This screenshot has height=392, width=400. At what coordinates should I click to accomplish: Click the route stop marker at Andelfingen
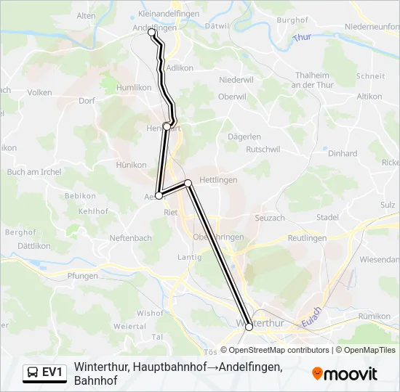(152, 33)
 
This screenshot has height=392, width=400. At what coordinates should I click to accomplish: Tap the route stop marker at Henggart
(167, 126)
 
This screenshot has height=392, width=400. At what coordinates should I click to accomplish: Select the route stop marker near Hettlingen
(188, 183)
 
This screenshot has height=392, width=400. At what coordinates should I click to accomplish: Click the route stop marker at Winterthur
(249, 327)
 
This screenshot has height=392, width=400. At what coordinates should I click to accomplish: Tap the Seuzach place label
(270, 218)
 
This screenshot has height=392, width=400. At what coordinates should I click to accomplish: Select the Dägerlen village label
(244, 136)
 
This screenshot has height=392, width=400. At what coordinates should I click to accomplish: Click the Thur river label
(300, 36)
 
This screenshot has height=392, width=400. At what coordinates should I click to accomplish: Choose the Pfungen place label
(81, 276)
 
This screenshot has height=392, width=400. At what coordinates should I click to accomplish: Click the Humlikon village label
(134, 87)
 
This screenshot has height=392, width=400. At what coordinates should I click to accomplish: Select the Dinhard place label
(343, 154)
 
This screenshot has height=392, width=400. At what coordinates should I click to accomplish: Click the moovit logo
(344, 374)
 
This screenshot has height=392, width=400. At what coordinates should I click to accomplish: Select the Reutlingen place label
(306, 238)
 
